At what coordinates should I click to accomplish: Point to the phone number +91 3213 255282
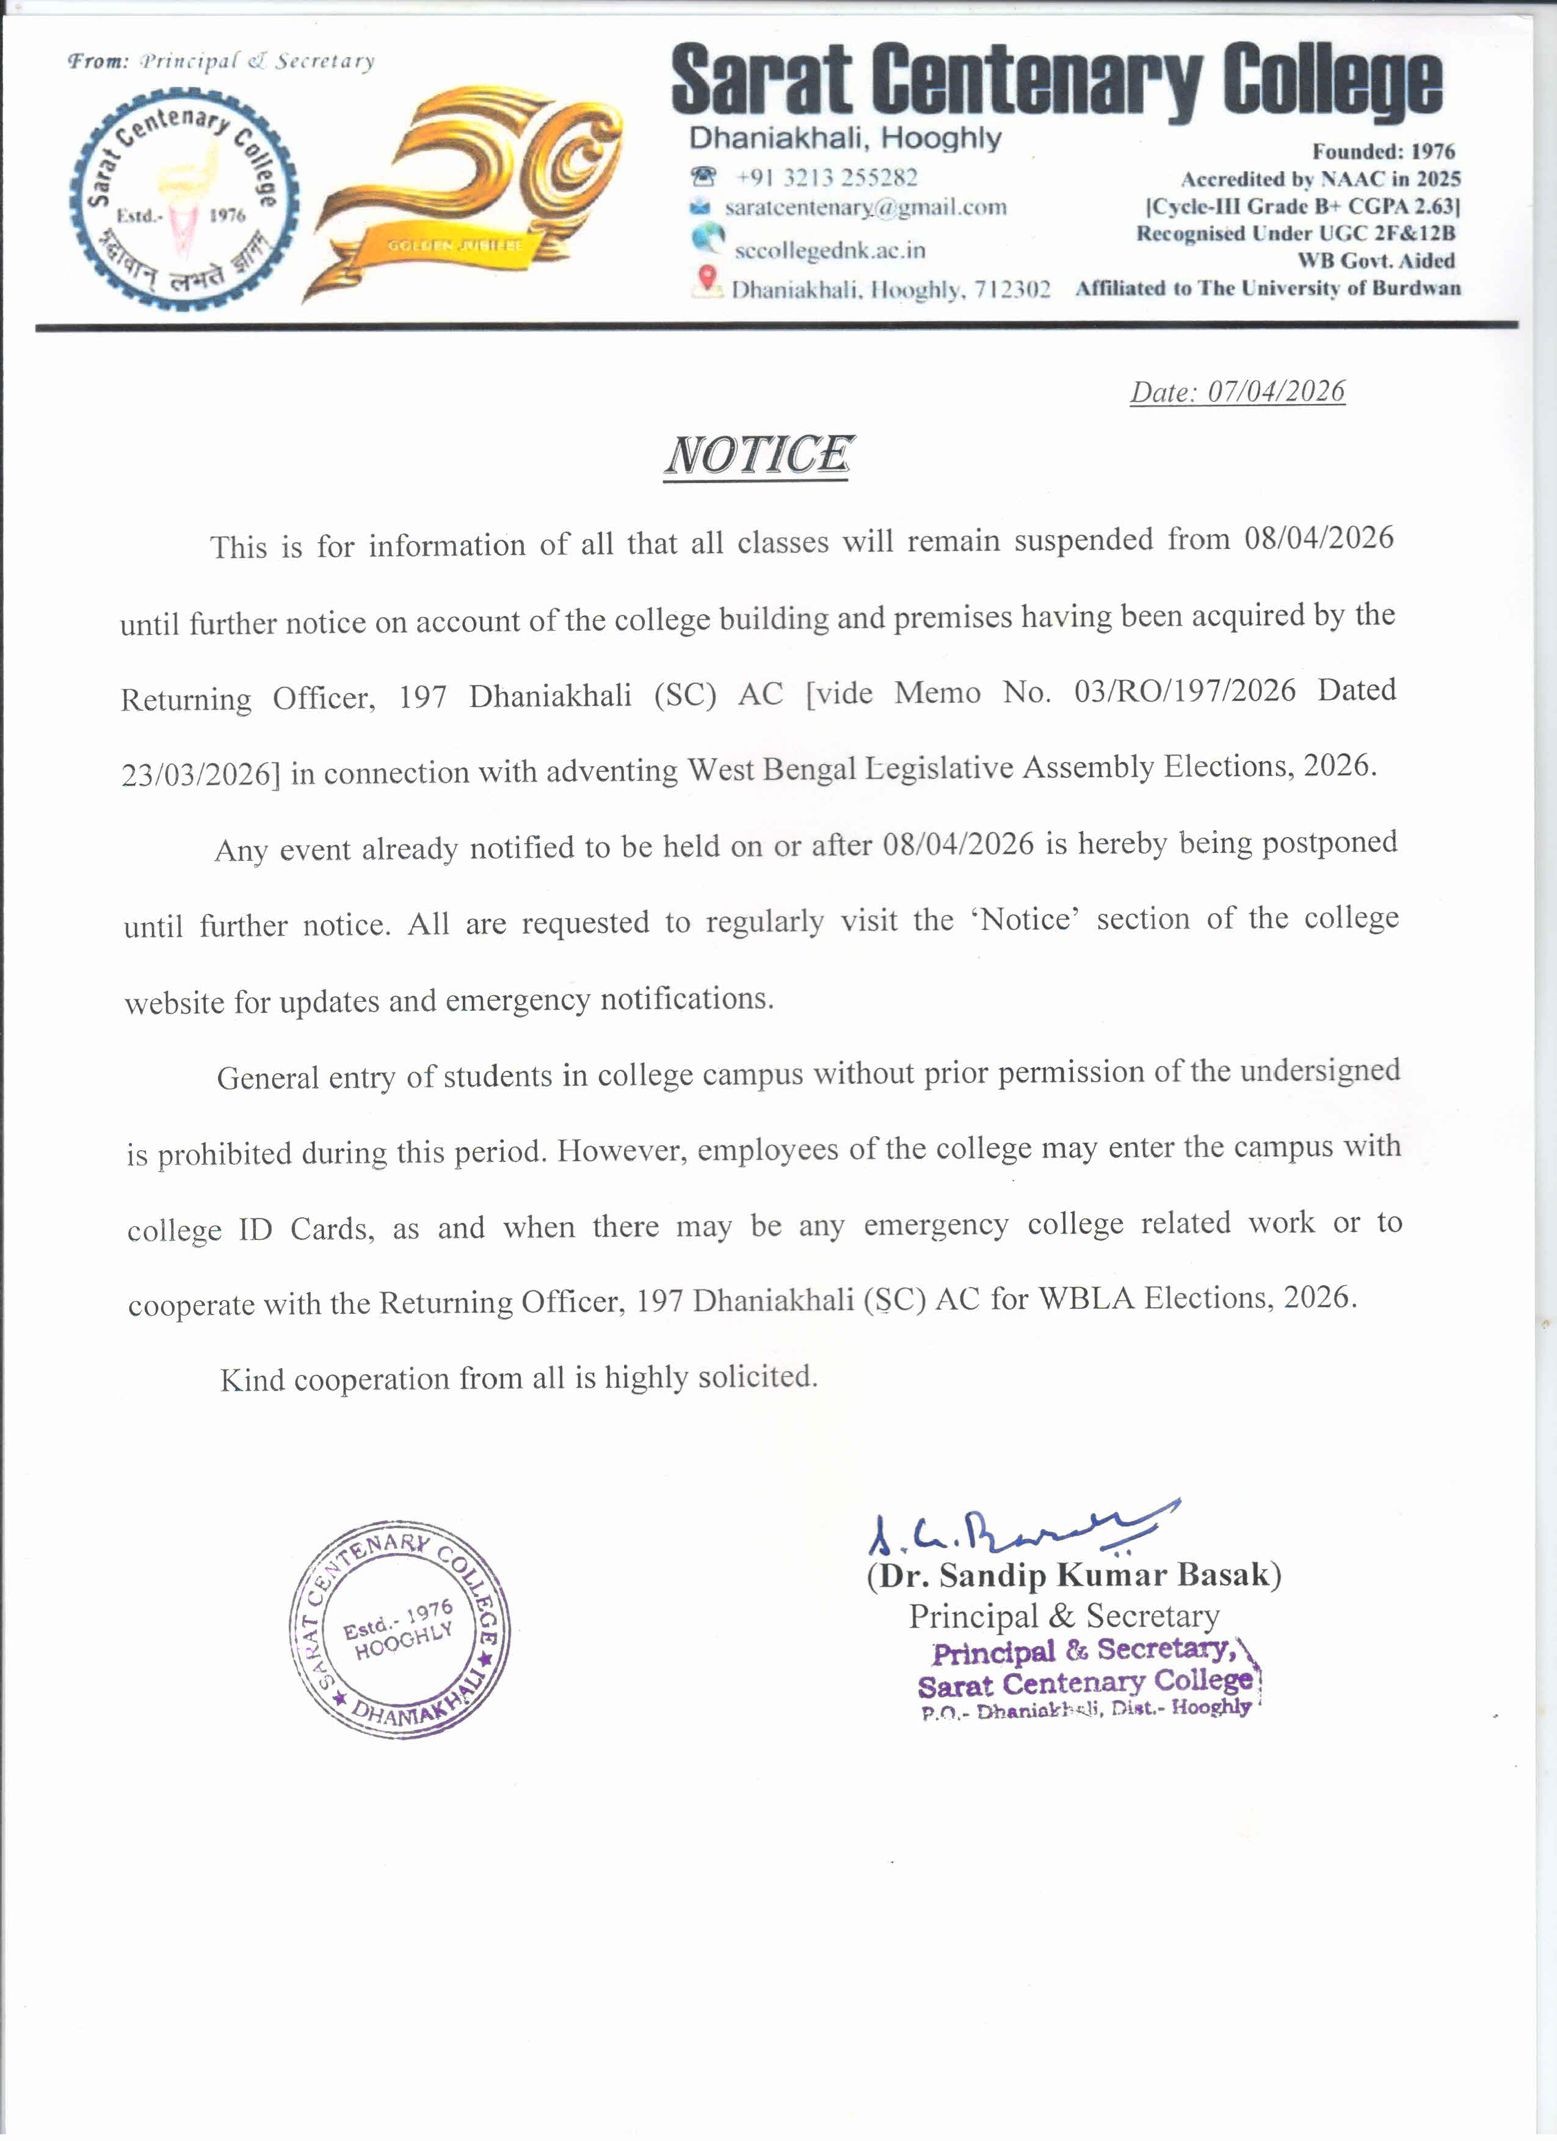point(826,178)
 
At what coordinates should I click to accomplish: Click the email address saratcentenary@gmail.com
point(865,207)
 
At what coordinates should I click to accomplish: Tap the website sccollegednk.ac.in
point(829,250)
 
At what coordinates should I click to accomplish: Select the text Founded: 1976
point(1383,151)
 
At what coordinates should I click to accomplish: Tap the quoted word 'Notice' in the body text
point(1025,919)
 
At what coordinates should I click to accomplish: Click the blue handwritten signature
point(1020,1529)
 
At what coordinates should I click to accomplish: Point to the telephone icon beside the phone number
point(703,176)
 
